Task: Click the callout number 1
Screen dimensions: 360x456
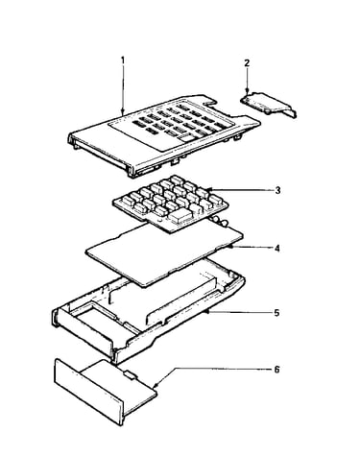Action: (122, 60)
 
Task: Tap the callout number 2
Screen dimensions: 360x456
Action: (247, 63)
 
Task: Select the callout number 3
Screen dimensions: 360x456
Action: (277, 190)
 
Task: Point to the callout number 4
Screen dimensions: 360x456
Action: (277, 248)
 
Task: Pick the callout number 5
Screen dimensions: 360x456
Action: (276, 313)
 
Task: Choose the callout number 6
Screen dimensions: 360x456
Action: (276, 370)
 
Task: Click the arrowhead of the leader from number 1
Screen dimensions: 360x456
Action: (123, 111)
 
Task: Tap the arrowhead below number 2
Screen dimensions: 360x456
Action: (247, 91)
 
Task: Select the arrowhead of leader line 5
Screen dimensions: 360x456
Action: (209, 311)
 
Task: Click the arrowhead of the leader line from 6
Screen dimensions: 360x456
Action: (156, 385)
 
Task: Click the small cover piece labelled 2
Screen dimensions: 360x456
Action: (268, 105)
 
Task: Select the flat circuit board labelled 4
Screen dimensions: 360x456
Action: (164, 252)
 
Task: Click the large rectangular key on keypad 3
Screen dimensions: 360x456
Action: (180, 217)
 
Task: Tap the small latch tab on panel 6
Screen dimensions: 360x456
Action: (131, 374)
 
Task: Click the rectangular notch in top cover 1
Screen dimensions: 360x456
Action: (210, 101)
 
